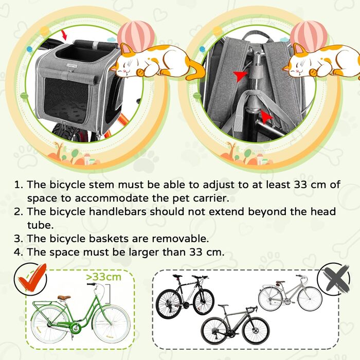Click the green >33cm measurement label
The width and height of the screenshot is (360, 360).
[103, 277]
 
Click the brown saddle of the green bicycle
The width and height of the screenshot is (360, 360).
[64, 298]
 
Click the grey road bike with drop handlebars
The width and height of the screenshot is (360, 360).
[235, 324]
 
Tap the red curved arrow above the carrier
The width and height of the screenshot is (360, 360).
[64, 35]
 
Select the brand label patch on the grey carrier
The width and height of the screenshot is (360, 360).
[72, 66]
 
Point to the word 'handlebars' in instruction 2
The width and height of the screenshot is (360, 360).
[117, 212]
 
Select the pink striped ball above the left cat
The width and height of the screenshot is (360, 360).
[136, 34]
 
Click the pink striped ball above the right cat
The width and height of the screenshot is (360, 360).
[309, 34]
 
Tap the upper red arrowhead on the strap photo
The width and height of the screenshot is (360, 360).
[240, 76]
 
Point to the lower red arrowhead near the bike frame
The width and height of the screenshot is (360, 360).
[266, 117]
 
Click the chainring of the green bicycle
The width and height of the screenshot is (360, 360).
[75, 328]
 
